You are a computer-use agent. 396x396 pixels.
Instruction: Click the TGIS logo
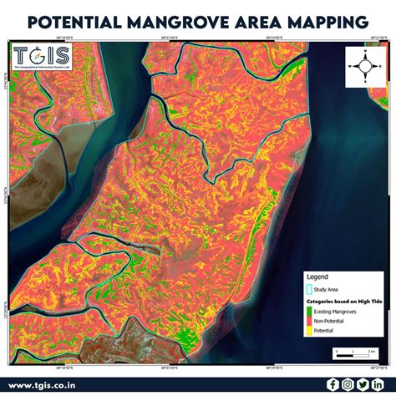[42, 57]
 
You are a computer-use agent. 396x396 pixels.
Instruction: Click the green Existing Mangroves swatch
[309, 312]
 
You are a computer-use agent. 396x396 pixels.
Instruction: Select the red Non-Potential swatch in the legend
[309, 321]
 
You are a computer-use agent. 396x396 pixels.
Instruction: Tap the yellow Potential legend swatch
[309, 330]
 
